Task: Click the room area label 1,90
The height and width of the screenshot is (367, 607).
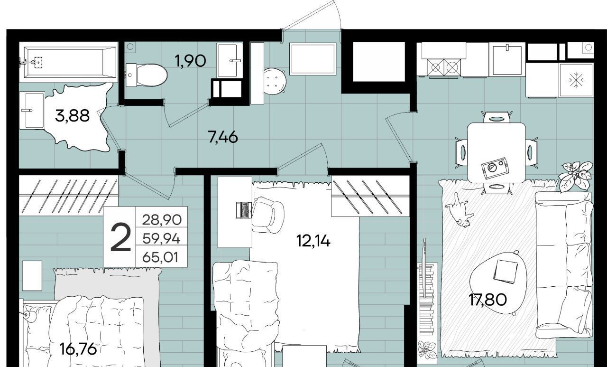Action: tap(191, 61)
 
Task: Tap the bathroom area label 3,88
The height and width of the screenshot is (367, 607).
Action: tap(72, 116)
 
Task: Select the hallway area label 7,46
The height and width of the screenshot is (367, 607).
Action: tap(223, 137)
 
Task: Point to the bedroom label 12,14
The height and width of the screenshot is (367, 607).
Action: tap(313, 241)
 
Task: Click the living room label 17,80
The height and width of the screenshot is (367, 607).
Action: tap(488, 300)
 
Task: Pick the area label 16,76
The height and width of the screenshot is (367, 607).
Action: tap(78, 349)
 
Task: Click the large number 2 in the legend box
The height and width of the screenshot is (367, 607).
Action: tap(120, 237)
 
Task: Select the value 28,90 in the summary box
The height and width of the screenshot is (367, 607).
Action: tap(162, 220)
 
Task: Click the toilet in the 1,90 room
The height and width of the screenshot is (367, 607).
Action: tap(147, 75)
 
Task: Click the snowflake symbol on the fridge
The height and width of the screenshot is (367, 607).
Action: tap(576, 80)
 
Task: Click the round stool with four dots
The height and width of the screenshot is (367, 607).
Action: tap(275, 81)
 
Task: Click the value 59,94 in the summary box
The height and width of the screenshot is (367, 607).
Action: tap(161, 239)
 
